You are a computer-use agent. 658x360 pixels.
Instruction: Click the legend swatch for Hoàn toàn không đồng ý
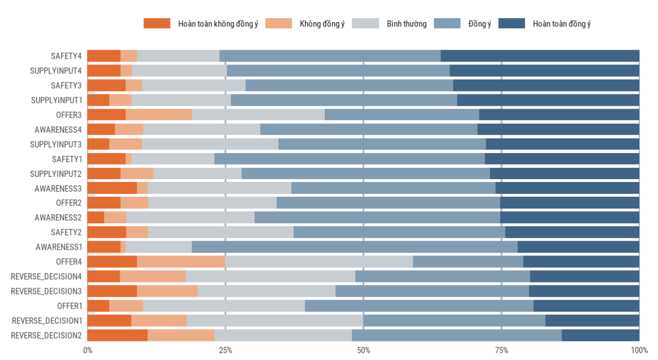click(156, 24)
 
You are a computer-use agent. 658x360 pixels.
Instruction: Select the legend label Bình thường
click(407, 24)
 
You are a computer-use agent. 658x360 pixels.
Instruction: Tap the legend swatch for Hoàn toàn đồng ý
click(512, 24)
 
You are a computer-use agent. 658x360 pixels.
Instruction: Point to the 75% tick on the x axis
click(502, 350)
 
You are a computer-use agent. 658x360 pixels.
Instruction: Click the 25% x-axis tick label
click(225, 350)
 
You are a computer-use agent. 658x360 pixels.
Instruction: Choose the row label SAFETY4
click(67, 56)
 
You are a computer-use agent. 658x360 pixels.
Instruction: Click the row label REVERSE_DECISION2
click(46, 335)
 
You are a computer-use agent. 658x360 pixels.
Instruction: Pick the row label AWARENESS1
click(59, 247)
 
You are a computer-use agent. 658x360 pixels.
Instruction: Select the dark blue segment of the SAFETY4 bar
click(540, 56)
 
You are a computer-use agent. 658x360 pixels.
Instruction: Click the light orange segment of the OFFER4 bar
click(181, 262)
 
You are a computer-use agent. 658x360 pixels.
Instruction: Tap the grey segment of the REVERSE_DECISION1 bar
click(274, 320)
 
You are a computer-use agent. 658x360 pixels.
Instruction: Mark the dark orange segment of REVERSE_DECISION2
click(117, 335)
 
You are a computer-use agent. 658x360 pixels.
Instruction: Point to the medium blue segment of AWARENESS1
click(354, 247)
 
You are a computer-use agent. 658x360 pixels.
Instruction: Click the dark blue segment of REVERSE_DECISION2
click(600, 335)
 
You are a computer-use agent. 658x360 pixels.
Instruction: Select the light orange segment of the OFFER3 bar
click(158, 115)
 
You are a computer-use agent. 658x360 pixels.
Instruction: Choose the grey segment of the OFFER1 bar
click(224, 306)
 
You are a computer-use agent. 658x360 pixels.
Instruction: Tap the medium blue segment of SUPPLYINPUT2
click(365, 174)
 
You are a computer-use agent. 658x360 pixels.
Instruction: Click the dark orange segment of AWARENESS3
click(112, 188)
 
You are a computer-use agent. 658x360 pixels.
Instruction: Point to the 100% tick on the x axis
click(639, 350)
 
